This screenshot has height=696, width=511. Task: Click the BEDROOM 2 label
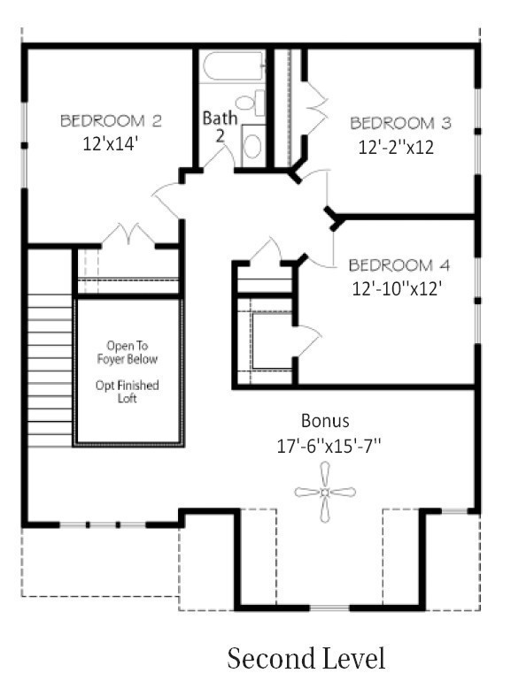(x=111, y=120)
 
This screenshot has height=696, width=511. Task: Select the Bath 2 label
(x=220, y=126)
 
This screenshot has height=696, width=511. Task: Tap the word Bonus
(x=326, y=420)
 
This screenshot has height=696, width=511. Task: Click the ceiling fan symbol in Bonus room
(x=326, y=492)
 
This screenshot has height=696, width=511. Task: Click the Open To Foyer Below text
(x=133, y=353)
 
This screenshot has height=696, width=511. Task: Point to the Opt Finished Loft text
(x=133, y=393)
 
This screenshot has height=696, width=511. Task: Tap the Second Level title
(x=306, y=659)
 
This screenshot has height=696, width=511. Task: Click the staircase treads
(x=49, y=371)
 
